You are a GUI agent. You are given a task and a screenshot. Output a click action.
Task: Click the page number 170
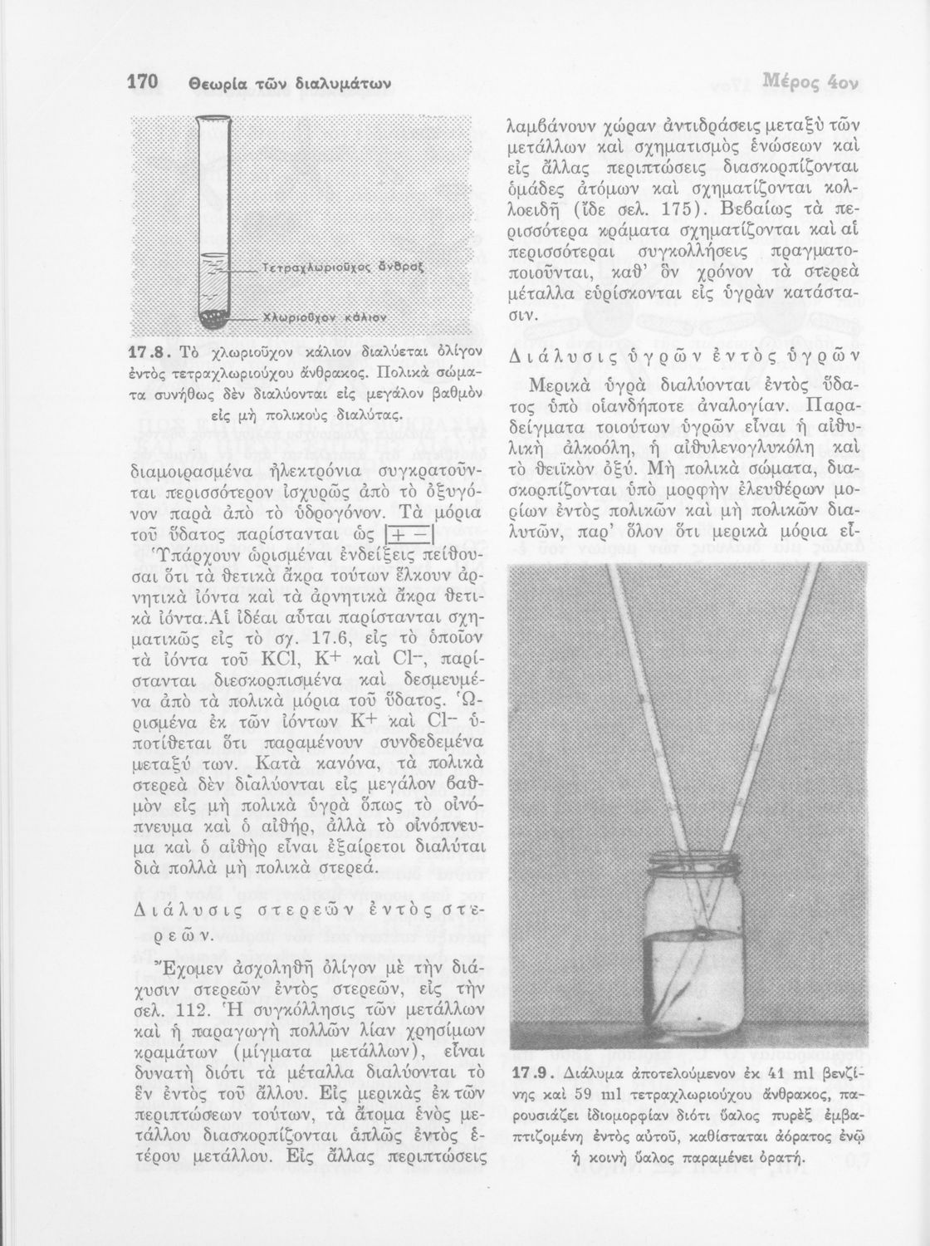pyautogui.click(x=144, y=84)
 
